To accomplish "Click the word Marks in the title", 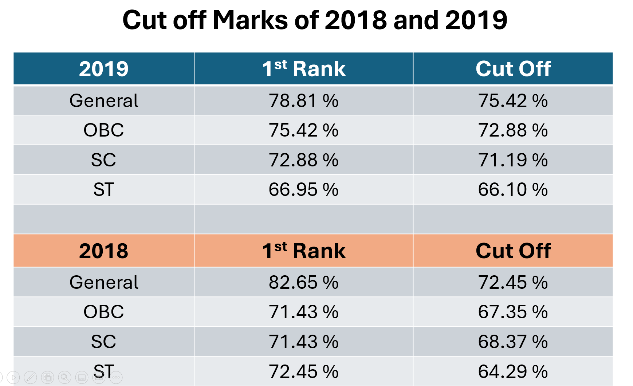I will (x=251, y=20).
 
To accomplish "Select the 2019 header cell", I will (x=104, y=69).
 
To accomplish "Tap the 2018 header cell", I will (x=104, y=251).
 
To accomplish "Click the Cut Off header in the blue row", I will (x=513, y=69).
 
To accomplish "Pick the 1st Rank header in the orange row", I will (x=304, y=251).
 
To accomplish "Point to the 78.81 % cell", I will (x=304, y=101).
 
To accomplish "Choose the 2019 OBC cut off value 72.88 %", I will (x=513, y=130).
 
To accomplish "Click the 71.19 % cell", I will (x=513, y=160).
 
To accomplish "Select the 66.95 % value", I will (x=304, y=190).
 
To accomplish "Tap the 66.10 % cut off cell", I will (x=513, y=190).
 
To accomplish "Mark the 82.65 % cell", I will (x=304, y=283).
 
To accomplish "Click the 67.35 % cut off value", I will (x=513, y=312).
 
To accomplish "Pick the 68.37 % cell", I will (x=513, y=342).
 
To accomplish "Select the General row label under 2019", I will (x=104, y=101).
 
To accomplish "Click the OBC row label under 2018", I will (x=104, y=312).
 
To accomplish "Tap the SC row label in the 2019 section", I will (x=104, y=160).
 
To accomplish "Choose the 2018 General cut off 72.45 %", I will (x=513, y=283).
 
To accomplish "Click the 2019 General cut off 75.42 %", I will (x=513, y=101).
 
